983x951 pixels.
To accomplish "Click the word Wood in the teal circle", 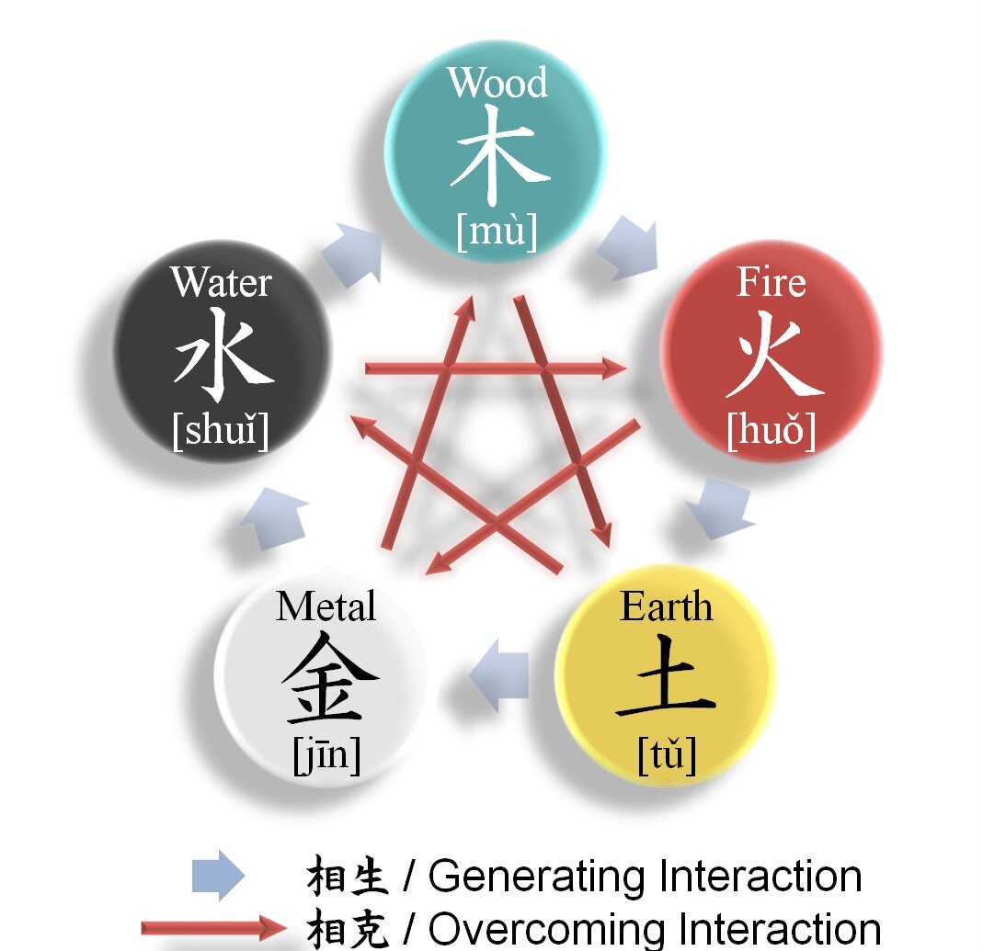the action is point(497,83).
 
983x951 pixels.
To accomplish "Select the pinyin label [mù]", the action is point(497,232).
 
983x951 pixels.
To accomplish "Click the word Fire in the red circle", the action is point(771,282).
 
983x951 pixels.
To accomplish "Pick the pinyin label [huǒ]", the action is point(771,431).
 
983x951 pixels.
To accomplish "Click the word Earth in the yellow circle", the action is point(666,606).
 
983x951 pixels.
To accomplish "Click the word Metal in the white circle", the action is point(326,606).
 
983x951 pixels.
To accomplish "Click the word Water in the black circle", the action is point(221,282).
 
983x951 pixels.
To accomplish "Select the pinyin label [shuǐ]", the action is point(221,431).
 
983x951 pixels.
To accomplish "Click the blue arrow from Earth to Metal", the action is point(501,676).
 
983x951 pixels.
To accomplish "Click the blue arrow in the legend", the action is point(218,876).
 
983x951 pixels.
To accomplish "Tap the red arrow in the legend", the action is point(213,926).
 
